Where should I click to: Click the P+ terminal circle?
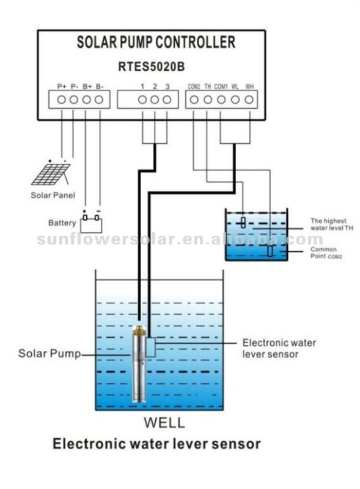pos(62,100)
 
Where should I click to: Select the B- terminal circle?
pos(99,100)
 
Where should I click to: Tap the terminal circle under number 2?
pos(155,100)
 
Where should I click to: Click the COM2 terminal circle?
pos(194,100)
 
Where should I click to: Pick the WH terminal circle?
pos(249,100)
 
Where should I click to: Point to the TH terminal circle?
pos(208,100)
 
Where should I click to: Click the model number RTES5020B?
pos(152,67)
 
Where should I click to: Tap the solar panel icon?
pos(51,174)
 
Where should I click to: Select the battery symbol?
pos(91,222)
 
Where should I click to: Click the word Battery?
pos(62,223)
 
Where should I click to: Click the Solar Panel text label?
pos(53,196)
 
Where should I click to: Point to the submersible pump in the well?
pos(139,364)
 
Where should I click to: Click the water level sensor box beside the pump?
pos(151,347)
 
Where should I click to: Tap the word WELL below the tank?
pos(164,422)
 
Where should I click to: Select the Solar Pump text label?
pos(50,354)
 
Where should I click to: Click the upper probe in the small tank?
pos(243,222)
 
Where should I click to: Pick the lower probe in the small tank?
pos(270,251)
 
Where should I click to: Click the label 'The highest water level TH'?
pos(332,224)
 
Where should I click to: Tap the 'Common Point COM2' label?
pos(326,252)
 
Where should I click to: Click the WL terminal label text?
pos(235,86)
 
